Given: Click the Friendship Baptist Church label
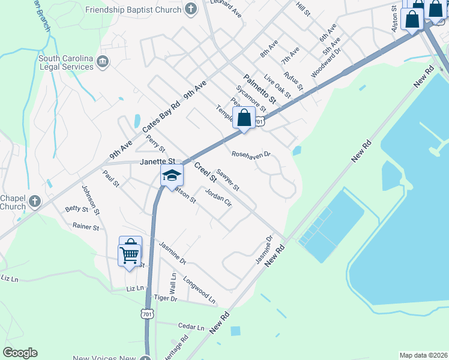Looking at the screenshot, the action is click(133, 10).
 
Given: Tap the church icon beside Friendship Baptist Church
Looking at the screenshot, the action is click(190, 10).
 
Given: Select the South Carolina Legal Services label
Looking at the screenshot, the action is click(66, 62).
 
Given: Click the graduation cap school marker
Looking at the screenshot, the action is click(172, 176).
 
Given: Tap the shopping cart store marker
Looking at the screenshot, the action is click(130, 254).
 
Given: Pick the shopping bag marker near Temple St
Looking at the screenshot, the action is click(244, 118).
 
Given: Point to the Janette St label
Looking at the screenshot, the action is click(157, 161).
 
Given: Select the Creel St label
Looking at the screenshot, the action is click(205, 172).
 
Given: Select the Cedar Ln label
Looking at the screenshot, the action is click(191, 326).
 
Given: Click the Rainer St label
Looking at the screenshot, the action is click(85, 227).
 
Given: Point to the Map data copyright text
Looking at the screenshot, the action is click(423, 355).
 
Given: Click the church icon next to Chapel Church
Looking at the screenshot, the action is click(34, 201).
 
